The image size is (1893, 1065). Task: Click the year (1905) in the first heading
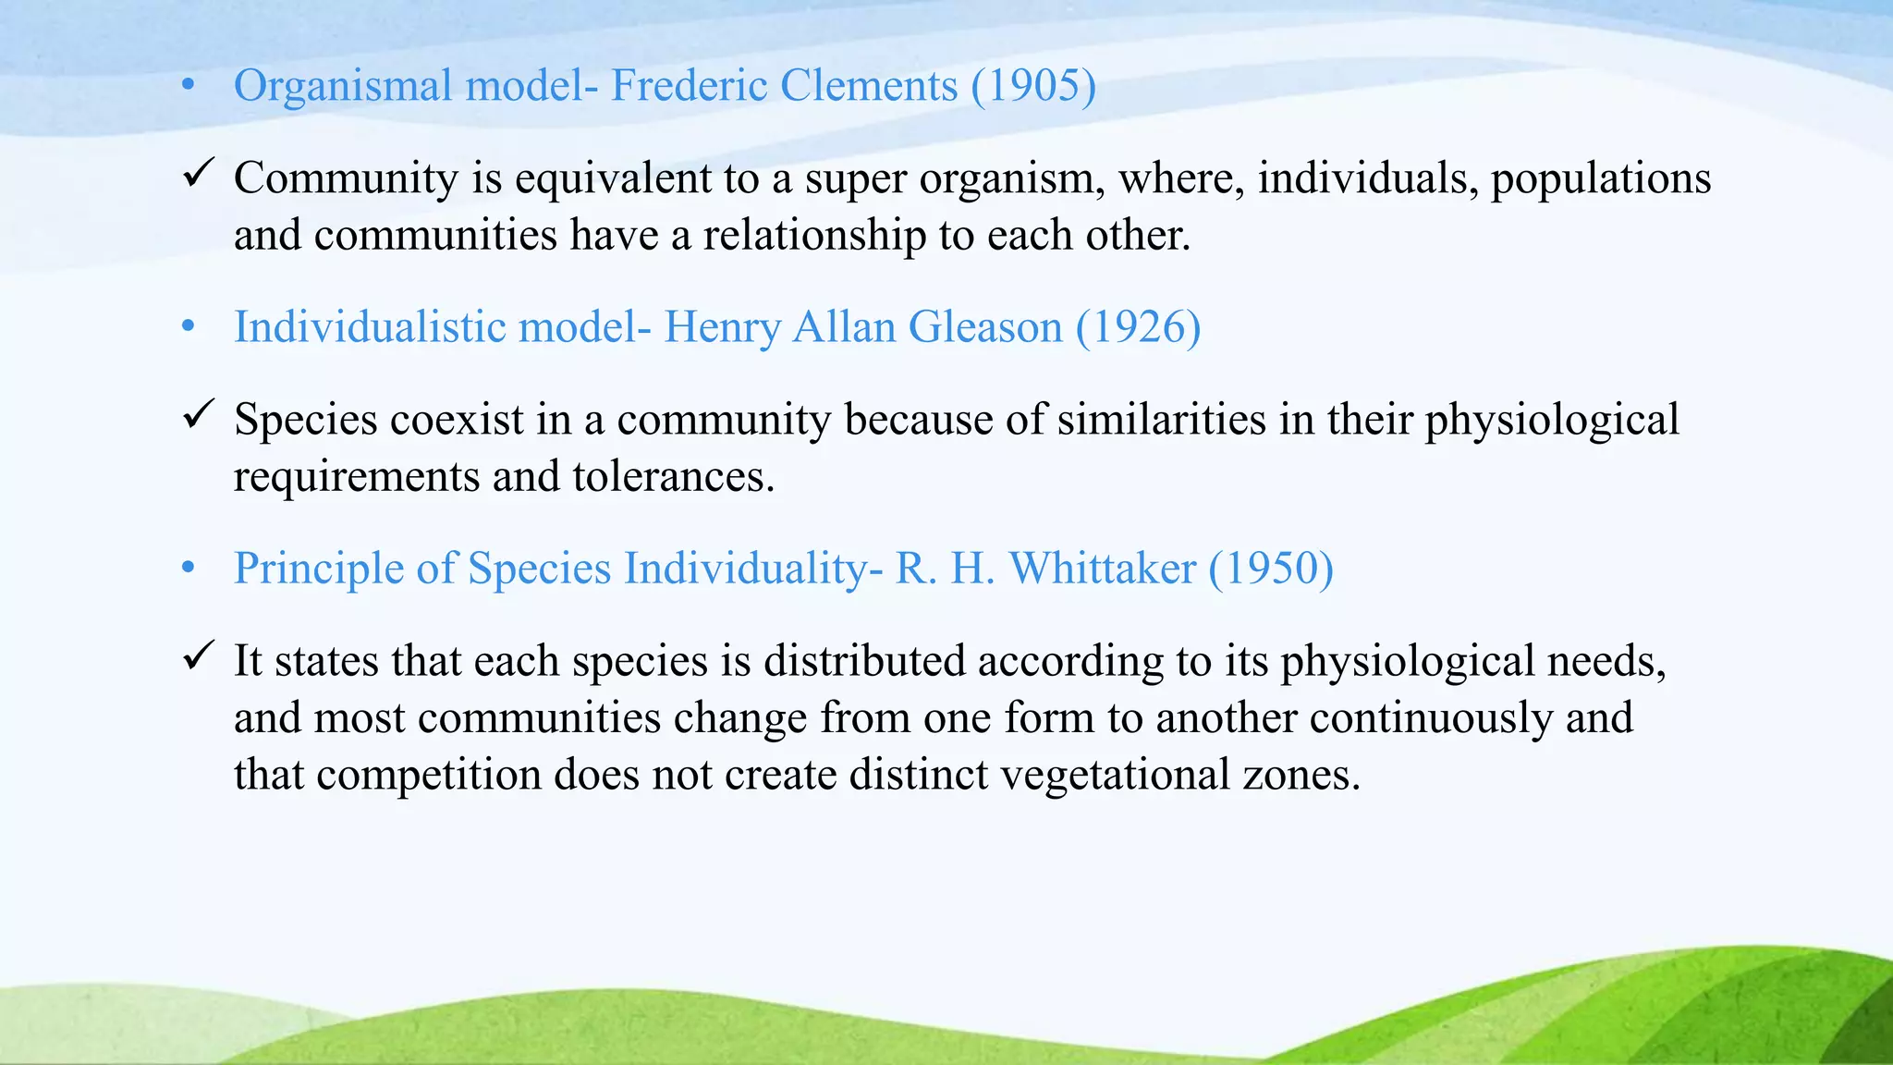pyautogui.click(x=1033, y=86)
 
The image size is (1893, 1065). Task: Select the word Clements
pyautogui.click(x=868, y=86)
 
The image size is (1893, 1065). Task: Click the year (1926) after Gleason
pyautogui.click(x=1138, y=327)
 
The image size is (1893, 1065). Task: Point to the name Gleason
pyautogui.click(x=985, y=327)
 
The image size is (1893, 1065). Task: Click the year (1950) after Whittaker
pyautogui.click(x=1271, y=569)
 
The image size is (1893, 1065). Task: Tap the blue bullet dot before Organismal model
pyautogui.click(x=189, y=87)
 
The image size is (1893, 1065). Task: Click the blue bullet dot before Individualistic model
pyautogui.click(x=189, y=327)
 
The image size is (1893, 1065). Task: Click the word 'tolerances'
pyautogui.click(x=673, y=477)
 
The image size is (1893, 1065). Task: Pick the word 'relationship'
pyautogui.click(x=814, y=236)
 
